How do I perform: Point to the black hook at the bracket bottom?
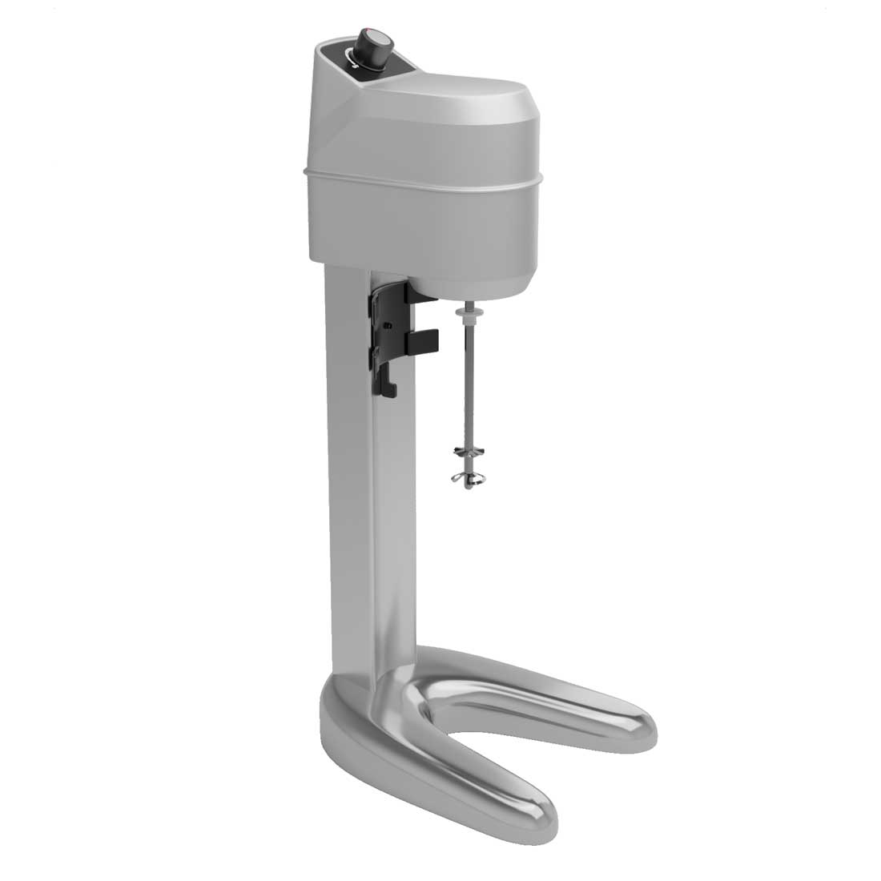pyautogui.click(x=389, y=388)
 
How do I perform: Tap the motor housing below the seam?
pyautogui.click(x=416, y=224)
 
